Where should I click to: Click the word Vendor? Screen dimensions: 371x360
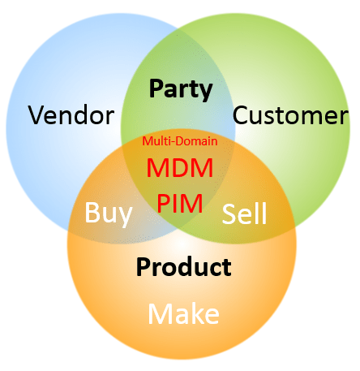point(71,115)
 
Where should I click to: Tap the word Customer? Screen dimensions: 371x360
point(290,115)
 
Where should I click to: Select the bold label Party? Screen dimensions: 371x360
point(180,88)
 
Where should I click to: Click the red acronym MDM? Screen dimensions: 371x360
point(180,169)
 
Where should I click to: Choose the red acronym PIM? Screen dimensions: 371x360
point(180,201)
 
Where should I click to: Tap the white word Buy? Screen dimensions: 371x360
point(109,214)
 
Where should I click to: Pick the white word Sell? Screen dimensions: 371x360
point(244,214)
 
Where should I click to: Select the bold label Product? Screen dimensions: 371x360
point(183,266)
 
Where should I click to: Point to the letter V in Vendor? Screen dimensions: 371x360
point(37,115)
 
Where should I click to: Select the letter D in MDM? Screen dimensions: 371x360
point(180,169)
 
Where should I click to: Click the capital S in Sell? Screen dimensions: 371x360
point(229,214)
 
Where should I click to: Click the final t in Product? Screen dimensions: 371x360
point(227,266)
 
